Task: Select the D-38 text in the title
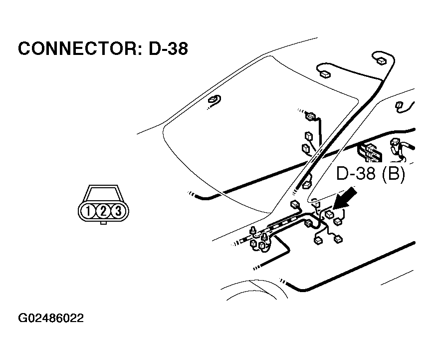click(x=168, y=49)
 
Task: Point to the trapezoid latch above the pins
click(x=103, y=194)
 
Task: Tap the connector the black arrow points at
click(x=329, y=215)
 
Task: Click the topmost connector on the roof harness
click(x=381, y=61)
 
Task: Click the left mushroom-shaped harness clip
click(x=255, y=231)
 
